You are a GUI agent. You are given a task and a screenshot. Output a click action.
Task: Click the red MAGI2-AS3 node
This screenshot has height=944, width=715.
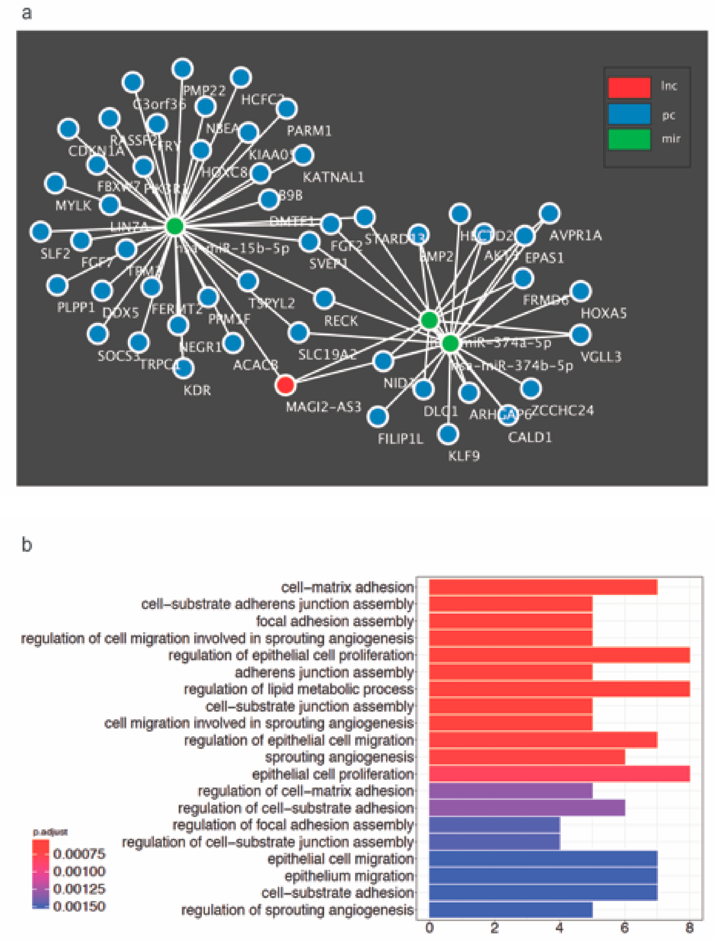285,385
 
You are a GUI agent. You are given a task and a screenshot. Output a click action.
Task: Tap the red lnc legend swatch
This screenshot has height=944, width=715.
629,87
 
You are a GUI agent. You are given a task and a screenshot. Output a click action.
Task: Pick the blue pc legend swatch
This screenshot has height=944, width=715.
629,114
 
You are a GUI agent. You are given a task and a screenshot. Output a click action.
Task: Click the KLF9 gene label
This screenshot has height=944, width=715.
464,456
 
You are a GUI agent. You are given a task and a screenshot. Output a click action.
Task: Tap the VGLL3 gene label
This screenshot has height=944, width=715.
601,356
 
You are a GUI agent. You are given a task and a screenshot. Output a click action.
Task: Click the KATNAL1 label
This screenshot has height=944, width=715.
333,177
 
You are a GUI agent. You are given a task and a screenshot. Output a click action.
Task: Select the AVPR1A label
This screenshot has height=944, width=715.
575,235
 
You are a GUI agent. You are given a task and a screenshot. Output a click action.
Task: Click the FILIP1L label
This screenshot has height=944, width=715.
400,439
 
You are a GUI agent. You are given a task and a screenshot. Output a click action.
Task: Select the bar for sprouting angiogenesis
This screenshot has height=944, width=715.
527,757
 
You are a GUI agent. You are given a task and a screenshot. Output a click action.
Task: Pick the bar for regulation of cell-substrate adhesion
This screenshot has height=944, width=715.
527,808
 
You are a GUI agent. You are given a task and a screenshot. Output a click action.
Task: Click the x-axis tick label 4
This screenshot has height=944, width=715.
560,927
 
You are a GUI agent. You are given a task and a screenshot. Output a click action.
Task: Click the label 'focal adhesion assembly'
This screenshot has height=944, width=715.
335,621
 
